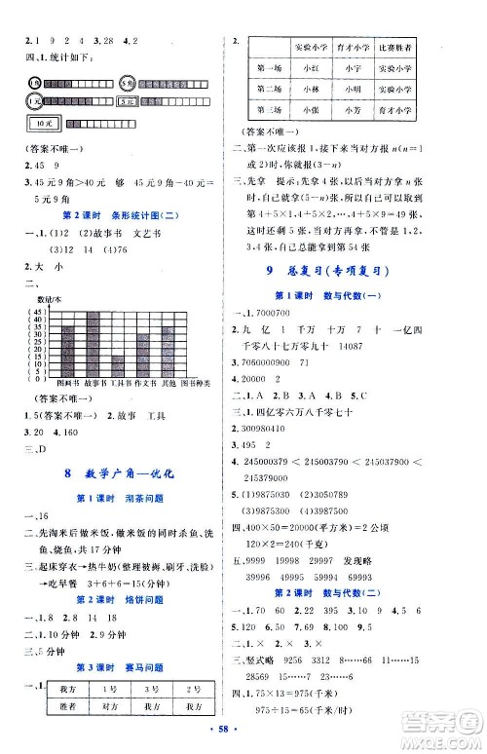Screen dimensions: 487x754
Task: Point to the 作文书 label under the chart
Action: [x=143, y=387]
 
